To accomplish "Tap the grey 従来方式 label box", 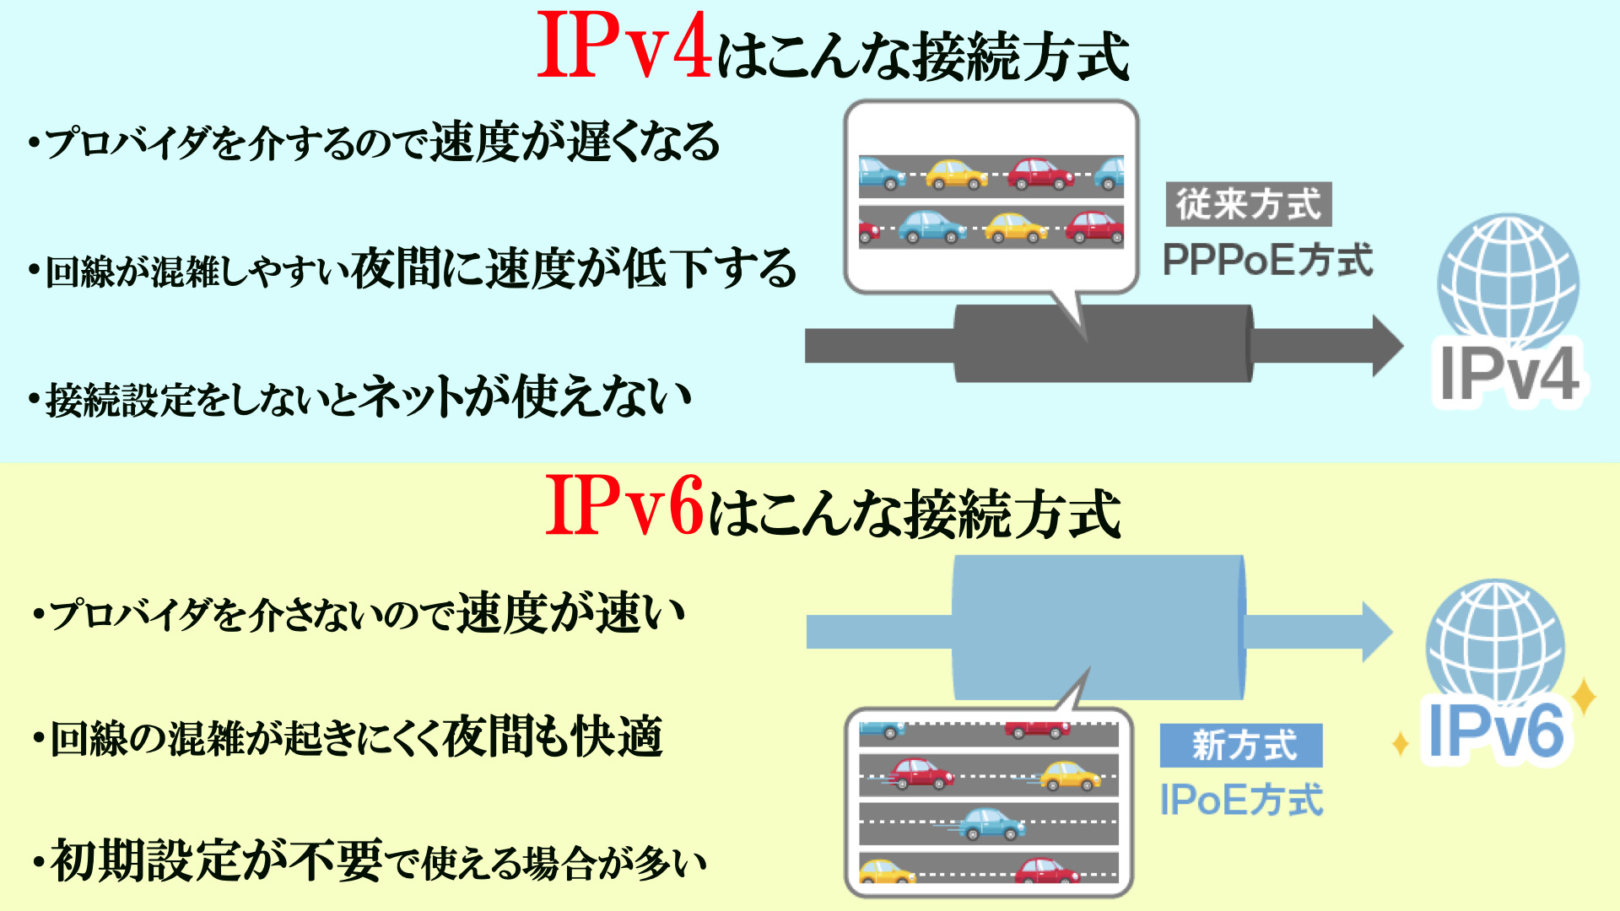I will click(1248, 205).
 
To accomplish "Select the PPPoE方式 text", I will click(1267, 260).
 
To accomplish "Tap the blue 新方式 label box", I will click(1240, 746).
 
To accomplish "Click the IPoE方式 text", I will click(1240, 800).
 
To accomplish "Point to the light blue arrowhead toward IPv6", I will click(1375, 632).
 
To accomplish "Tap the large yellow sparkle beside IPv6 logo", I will click(1584, 697).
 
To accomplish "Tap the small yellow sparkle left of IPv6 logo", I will click(1400, 744).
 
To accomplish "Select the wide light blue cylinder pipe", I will click(1097, 628).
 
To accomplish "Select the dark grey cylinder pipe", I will click(1102, 344).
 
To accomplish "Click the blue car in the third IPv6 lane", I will click(991, 823).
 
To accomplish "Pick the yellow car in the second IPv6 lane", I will click(1069, 776).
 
